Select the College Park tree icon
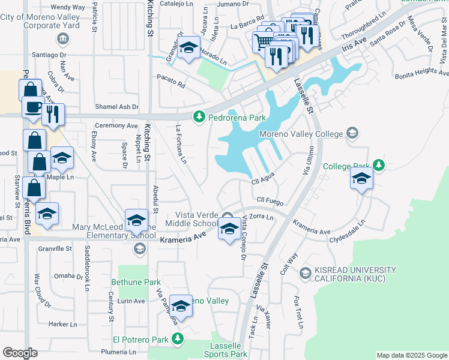378,164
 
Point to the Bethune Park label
136,281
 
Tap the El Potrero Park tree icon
176,340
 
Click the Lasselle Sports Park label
229,350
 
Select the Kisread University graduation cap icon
305,274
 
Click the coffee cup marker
32,109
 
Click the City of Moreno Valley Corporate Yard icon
61,39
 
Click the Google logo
20,353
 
